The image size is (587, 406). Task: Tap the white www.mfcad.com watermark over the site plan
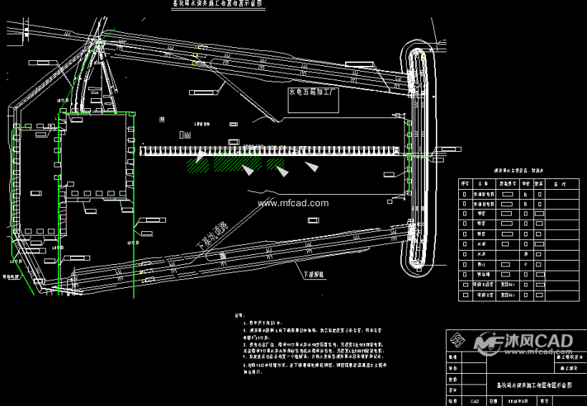(293, 203)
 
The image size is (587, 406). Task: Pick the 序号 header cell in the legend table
(465, 184)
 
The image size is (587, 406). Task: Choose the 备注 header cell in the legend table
(559, 184)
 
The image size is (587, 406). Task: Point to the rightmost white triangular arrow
(313, 167)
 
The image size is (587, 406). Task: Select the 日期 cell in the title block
(493, 402)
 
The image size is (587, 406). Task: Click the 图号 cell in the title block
(545, 402)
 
